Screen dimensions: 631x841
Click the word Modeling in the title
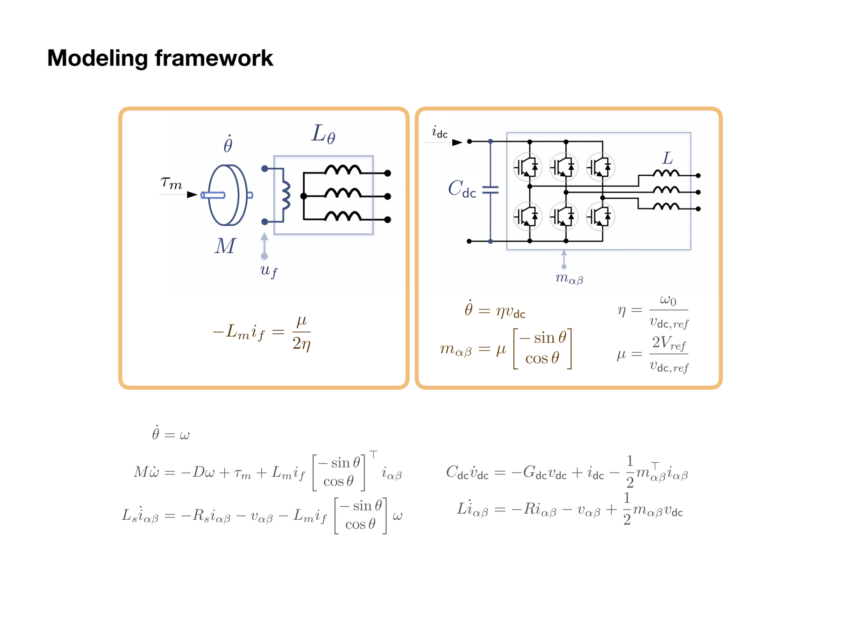[x=98, y=58]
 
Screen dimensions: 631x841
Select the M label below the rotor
[x=225, y=246]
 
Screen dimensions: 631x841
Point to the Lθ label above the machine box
[x=323, y=134]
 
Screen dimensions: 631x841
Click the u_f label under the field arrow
[x=269, y=270]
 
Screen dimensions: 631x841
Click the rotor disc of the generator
[x=227, y=195]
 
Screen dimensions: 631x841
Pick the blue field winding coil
[x=285, y=195]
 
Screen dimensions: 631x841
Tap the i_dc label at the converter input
[x=440, y=132]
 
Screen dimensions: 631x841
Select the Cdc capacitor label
[x=462, y=189]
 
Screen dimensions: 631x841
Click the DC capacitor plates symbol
[x=490, y=190]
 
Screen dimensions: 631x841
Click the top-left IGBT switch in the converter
[x=528, y=166]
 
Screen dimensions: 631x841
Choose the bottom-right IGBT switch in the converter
[x=600, y=216]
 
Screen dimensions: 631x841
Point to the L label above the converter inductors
[x=668, y=158]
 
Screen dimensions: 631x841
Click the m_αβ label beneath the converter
[x=569, y=279]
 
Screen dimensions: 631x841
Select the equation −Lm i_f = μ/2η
[x=262, y=333]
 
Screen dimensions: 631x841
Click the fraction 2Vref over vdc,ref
[x=669, y=355]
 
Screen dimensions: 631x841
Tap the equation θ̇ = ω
[x=171, y=434]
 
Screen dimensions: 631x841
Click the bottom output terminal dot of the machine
[x=387, y=219]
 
